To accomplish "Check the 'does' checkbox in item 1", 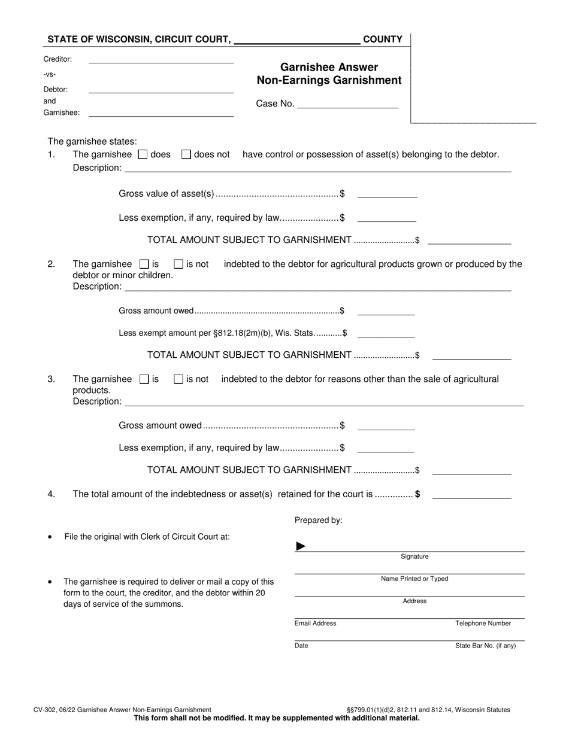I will coord(143,154).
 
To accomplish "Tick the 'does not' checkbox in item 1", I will coord(186,154).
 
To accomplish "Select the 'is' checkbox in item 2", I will coord(144,264).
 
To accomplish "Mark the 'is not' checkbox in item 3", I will coord(178,379).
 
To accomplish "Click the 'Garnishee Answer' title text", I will coord(329,67).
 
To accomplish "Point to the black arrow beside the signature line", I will coord(301,546).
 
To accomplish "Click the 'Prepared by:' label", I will coord(318,520).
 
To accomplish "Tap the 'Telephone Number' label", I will coord(483,624).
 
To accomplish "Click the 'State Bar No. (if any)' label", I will coord(485,646).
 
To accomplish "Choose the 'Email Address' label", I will coord(315,624).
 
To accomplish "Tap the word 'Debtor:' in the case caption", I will coord(55,89).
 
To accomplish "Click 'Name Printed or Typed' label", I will coord(414,579).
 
